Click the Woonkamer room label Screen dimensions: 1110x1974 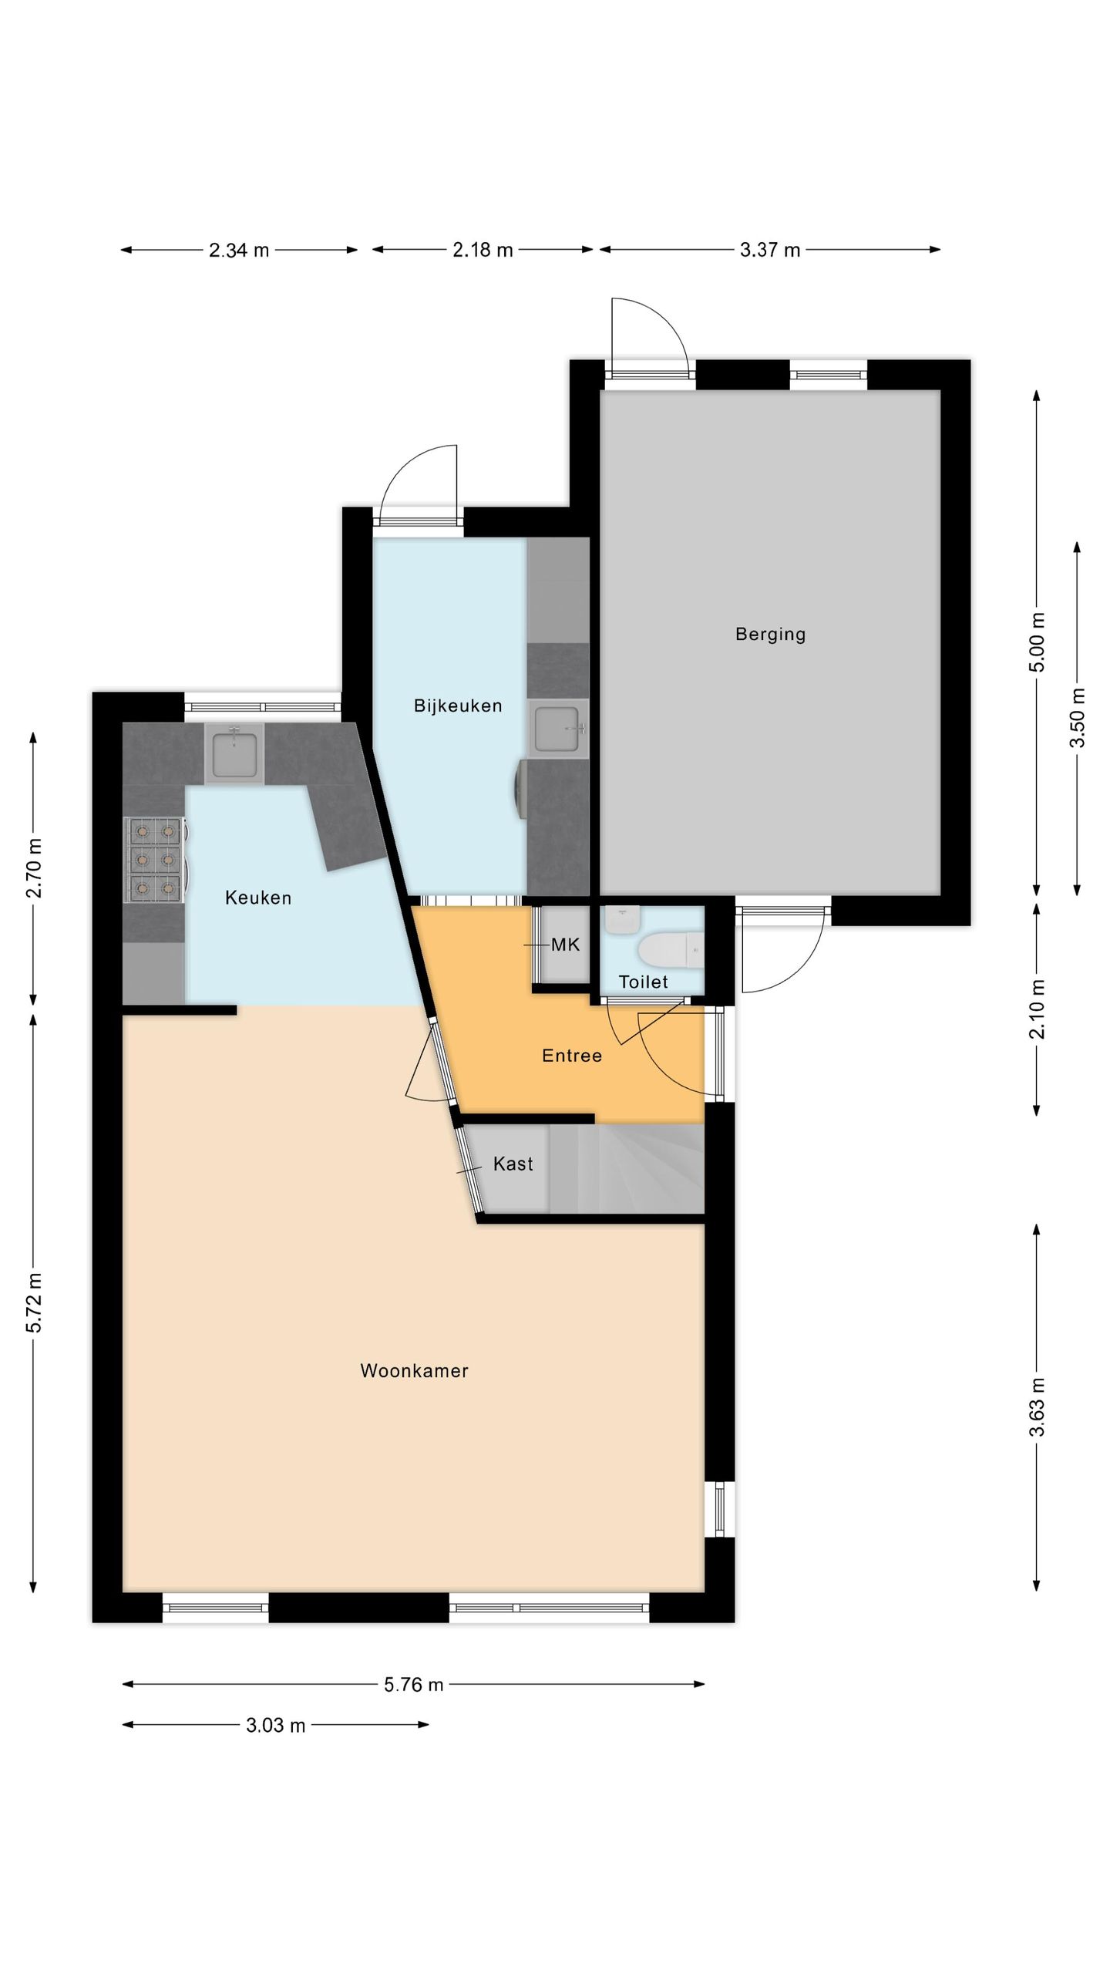[x=414, y=1371]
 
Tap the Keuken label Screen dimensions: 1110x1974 [x=258, y=898]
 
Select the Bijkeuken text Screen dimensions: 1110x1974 [x=458, y=706]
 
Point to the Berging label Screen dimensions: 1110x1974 [x=770, y=635]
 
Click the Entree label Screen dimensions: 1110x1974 [x=572, y=1056]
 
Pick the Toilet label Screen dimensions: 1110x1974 [x=644, y=982]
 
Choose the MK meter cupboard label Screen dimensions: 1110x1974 [x=565, y=945]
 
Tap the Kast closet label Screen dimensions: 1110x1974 [x=513, y=1164]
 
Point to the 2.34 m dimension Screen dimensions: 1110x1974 [x=239, y=250]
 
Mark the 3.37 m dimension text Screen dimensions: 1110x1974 [x=770, y=250]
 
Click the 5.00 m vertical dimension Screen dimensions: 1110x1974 [x=1037, y=642]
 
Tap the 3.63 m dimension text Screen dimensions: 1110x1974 [x=1037, y=1407]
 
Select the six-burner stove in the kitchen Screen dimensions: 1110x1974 [x=155, y=860]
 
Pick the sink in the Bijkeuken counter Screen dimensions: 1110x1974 [x=559, y=726]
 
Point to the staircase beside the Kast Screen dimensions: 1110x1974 [x=627, y=1168]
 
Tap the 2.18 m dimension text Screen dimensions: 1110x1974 [x=483, y=250]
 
